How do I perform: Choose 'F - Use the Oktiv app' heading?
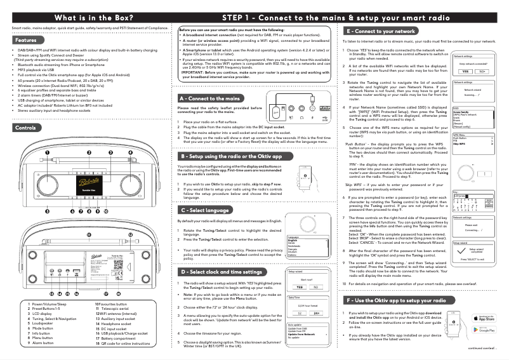pyautogui.click(x=391, y=300)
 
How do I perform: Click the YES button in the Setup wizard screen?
pyautogui.click(x=299, y=287)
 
